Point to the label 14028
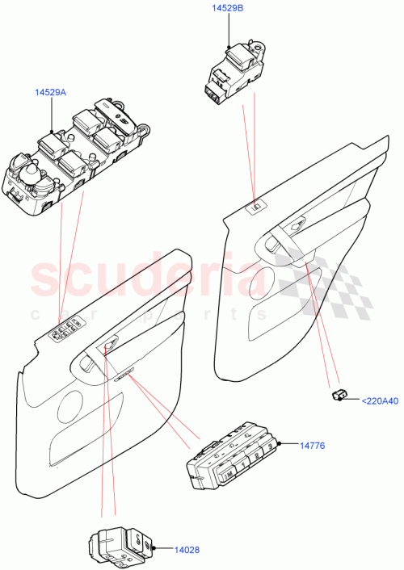187,550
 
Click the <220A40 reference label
379,400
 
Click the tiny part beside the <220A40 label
339,395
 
